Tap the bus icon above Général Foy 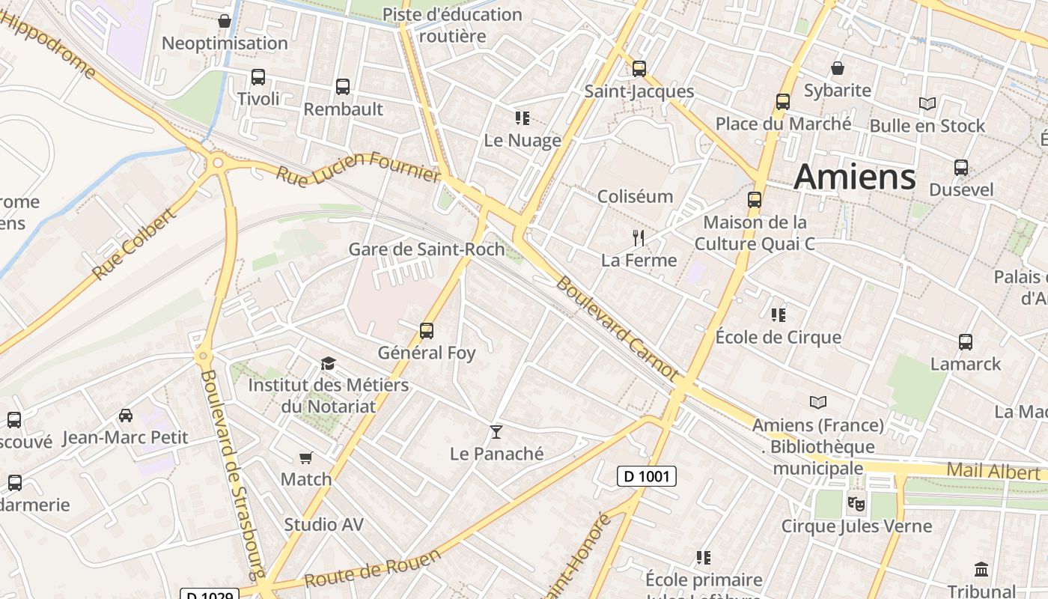pyautogui.click(x=427, y=330)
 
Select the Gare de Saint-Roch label pyautogui.click(x=426, y=249)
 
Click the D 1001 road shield pyautogui.click(x=647, y=476)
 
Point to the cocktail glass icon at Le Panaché pyautogui.click(x=496, y=431)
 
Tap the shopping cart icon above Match pyautogui.click(x=305, y=457)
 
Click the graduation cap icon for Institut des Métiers pyautogui.click(x=328, y=364)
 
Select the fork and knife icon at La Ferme pyautogui.click(x=639, y=238)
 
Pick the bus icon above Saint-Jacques pyautogui.click(x=639, y=69)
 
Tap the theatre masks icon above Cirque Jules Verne pyautogui.click(x=856, y=503)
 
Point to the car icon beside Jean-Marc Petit pyautogui.click(x=126, y=416)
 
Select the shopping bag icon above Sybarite pyautogui.click(x=838, y=68)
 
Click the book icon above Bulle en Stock pyautogui.click(x=927, y=104)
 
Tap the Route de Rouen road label pyautogui.click(x=372, y=570)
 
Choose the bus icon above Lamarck pyautogui.click(x=966, y=342)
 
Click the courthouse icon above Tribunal pyautogui.click(x=981, y=569)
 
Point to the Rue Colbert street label pyautogui.click(x=135, y=245)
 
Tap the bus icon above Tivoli pyautogui.click(x=258, y=77)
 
